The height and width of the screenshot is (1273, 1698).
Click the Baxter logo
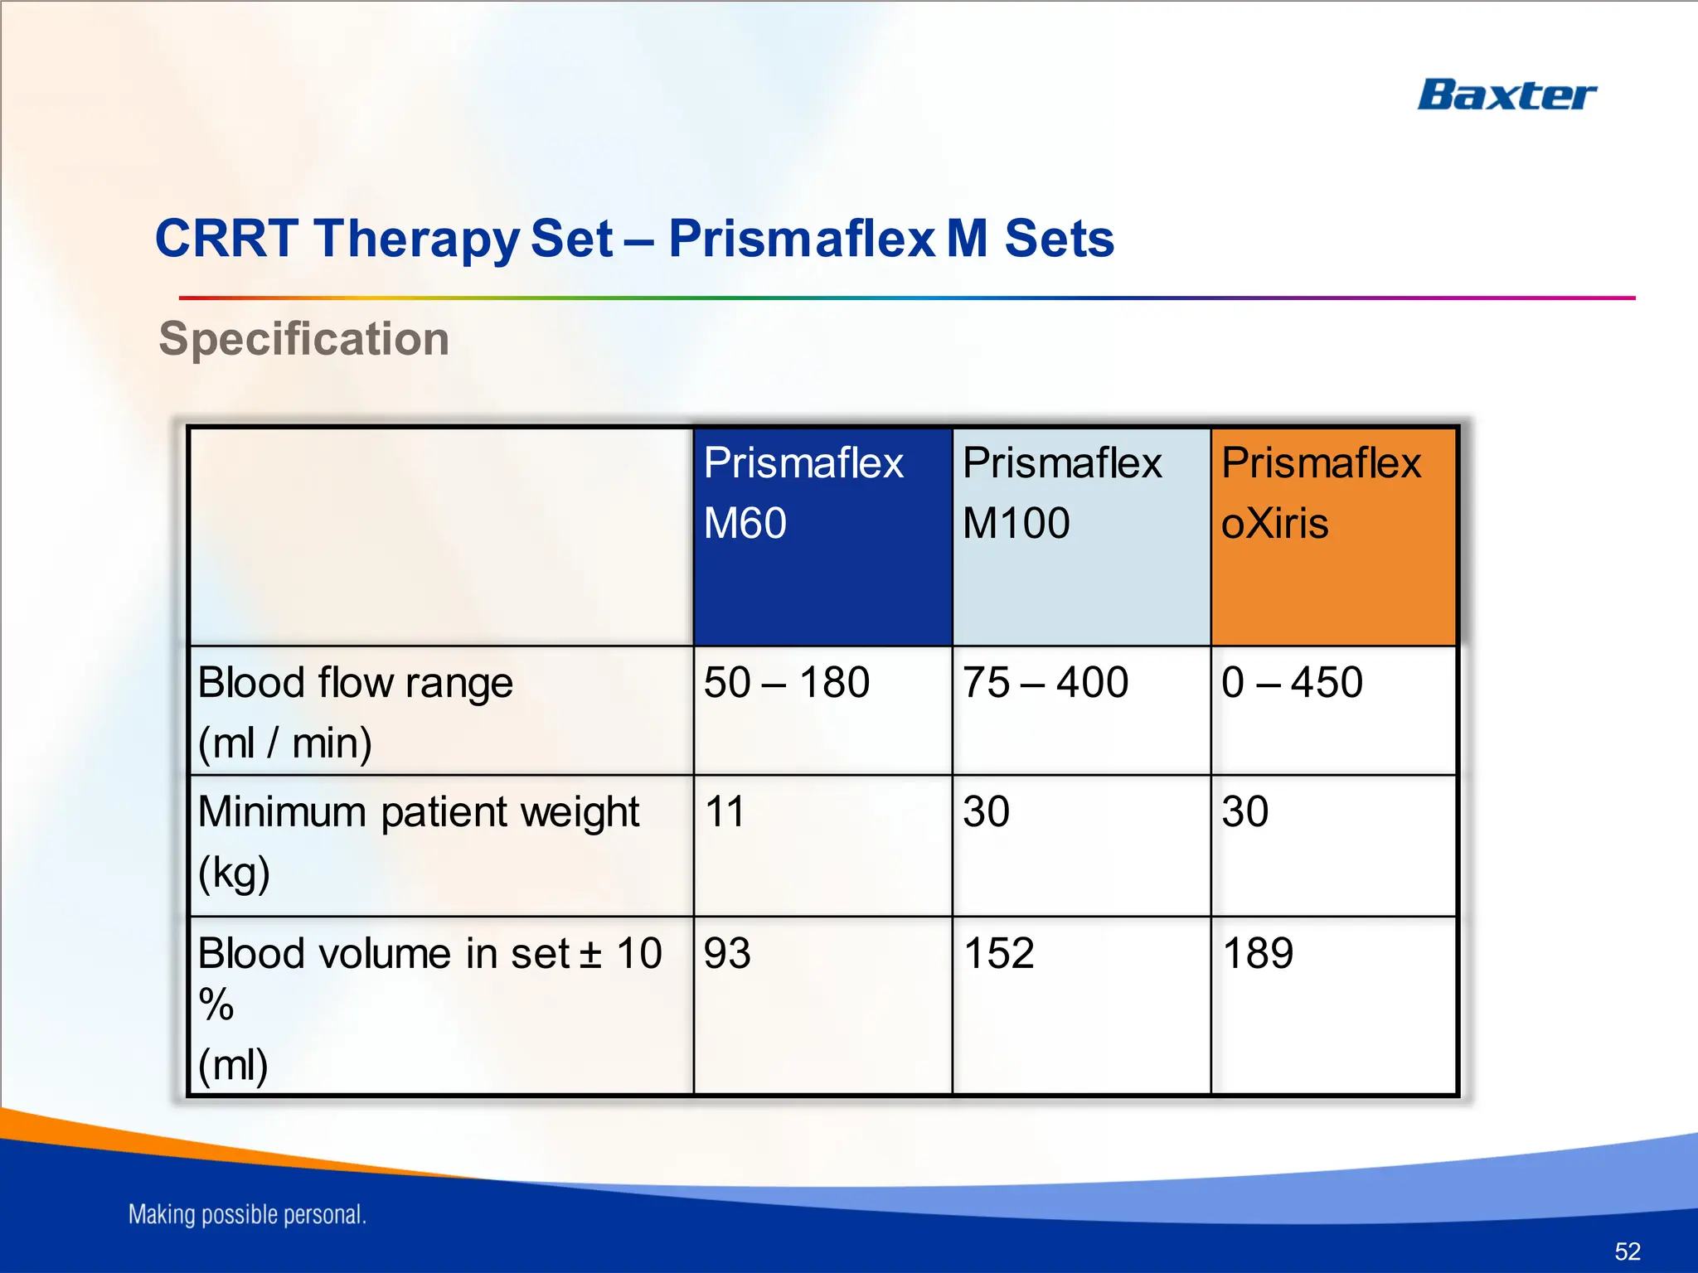click(x=1506, y=95)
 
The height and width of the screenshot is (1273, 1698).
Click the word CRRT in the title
click(x=226, y=239)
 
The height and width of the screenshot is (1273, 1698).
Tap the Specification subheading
click(x=303, y=339)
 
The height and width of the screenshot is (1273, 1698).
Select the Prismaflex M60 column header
click(x=803, y=492)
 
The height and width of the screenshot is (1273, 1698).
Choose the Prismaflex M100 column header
click(x=1061, y=492)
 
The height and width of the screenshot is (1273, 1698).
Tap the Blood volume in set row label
click(x=429, y=953)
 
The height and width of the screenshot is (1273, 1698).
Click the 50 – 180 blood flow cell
click(x=786, y=683)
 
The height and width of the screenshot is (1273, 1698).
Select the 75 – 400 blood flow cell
click(x=1045, y=683)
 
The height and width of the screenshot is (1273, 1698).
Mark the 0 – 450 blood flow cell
click(x=1291, y=683)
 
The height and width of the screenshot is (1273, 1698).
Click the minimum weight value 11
click(x=725, y=811)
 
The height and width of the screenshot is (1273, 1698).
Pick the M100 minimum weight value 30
click(x=986, y=811)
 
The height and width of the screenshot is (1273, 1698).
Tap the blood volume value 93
click(x=727, y=953)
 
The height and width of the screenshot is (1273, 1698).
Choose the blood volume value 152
click(x=998, y=953)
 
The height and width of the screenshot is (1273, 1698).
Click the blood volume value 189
click(x=1257, y=953)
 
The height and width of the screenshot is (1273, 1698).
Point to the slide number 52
click(x=1627, y=1251)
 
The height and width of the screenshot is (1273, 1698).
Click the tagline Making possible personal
click(x=247, y=1214)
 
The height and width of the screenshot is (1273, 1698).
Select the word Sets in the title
click(x=1059, y=239)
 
